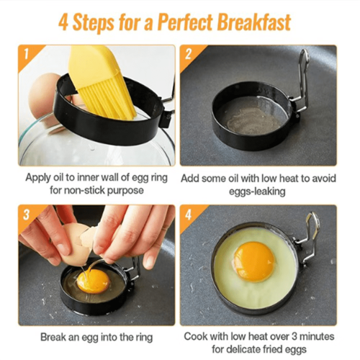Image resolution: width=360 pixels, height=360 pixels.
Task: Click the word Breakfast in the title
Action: pyautogui.click(x=254, y=22)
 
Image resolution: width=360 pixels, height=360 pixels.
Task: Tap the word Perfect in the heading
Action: pyautogui.click(x=185, y=22)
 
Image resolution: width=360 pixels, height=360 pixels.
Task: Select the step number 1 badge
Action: pyautogui.click(x=27, y=54)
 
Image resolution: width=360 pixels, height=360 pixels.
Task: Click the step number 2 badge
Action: pyautogui.click(x=188, y=54)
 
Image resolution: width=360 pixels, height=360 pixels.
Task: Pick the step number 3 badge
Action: pyautogui.click(x=27, y=214)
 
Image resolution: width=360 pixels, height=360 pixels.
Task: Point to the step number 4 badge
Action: pyautogui.click(x=189, y=214)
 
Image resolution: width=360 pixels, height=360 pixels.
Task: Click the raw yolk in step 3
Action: pyautogui.click(x=93, y=282)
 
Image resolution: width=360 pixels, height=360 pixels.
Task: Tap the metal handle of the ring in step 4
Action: pyautogui.click(x=308, y=240)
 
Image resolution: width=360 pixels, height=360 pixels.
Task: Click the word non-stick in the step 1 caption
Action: pyautogui.click(x=84, y=190)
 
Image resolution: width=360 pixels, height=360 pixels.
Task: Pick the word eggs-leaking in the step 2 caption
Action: pyautogui.click(x=257, y=192)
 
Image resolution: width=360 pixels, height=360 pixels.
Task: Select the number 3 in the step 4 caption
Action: pyautogui.click(x=295, y=336)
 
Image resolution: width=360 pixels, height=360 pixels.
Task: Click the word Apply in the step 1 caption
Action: pyautogui.click(x=38, y=178)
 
